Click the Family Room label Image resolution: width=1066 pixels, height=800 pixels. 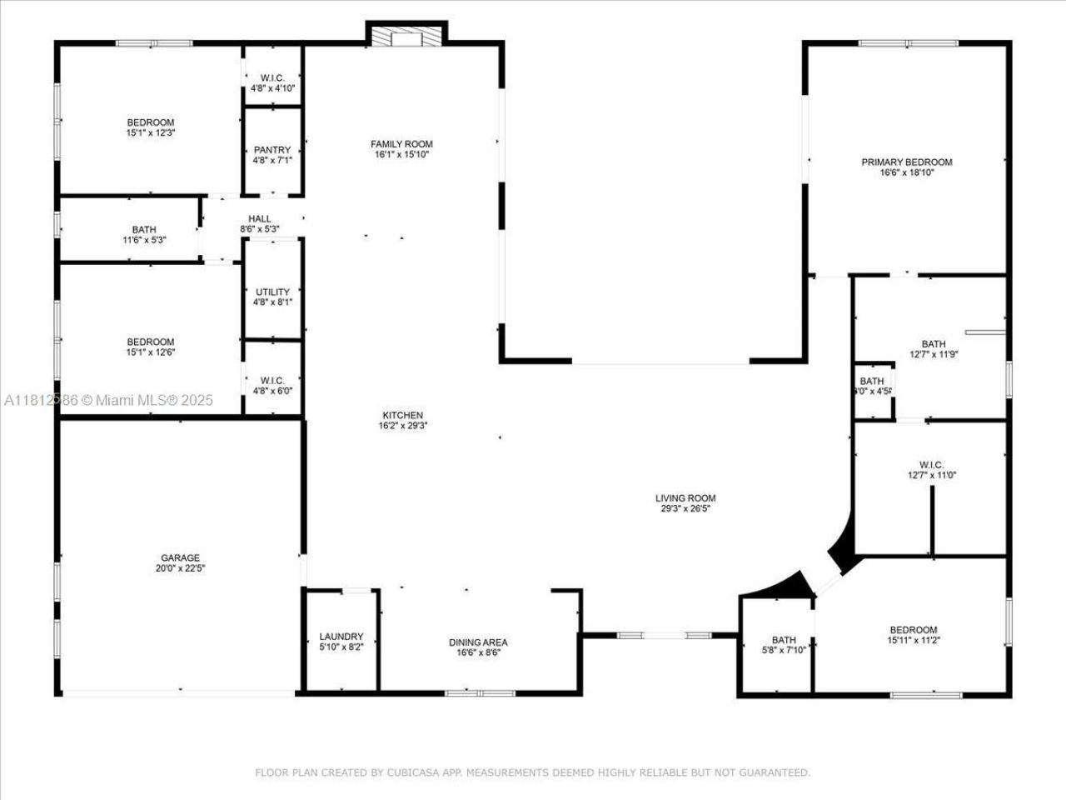pos(401,144)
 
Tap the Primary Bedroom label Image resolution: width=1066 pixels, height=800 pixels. pos(906,162)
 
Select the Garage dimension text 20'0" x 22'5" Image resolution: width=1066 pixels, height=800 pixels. pos(180,568)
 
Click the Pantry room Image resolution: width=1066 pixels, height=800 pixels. pos(272,155)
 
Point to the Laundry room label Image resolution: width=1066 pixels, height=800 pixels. pos(341,636)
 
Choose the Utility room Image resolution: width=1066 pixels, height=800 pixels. pos(272,297)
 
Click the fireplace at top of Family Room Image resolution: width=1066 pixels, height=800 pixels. pos(406,38)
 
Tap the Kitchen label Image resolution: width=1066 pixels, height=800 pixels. pos(402,415)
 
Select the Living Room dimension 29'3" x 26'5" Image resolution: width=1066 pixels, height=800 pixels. pos(685,508)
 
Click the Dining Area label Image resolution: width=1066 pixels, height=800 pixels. pos(478,642)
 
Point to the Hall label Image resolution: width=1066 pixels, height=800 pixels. pos(259,219)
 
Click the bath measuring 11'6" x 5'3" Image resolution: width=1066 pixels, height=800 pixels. pos(143,234)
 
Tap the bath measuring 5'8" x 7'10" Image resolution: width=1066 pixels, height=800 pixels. pos(784,645)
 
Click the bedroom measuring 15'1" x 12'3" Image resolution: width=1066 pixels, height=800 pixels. pos(151,127)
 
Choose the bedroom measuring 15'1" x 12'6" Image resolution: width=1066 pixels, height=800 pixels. pos(151,347)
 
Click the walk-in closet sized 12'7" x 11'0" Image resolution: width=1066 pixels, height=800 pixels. pos(930,470)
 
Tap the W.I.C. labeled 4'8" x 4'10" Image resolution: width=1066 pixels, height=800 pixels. pos(272,82)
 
